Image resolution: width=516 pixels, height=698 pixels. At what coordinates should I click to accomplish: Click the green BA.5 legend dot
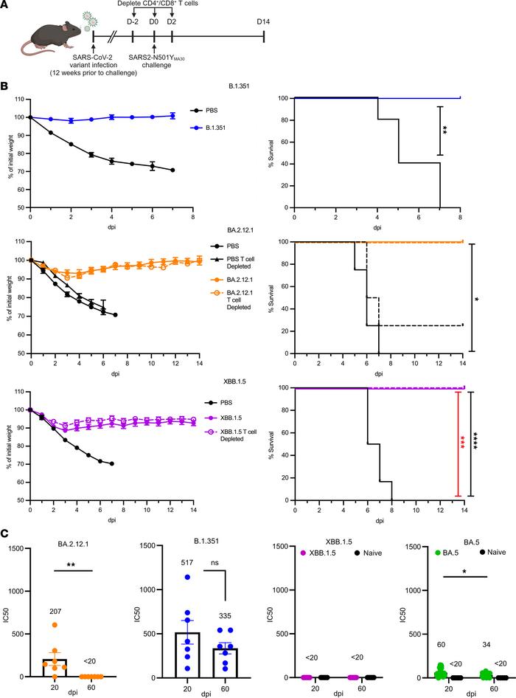(415, 552)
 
